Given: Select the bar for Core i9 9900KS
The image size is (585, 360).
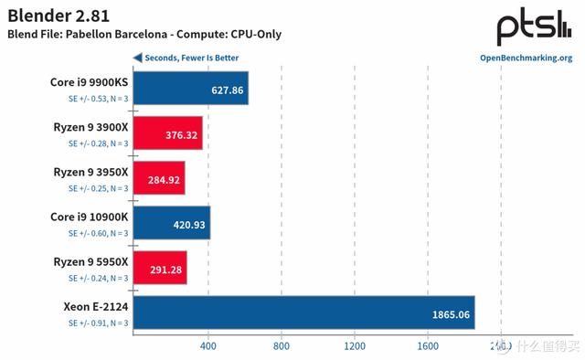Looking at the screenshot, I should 190,90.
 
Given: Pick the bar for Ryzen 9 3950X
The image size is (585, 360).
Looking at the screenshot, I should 159,179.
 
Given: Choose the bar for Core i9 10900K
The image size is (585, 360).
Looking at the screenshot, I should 172,224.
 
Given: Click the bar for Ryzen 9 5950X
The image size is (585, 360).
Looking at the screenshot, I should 160,269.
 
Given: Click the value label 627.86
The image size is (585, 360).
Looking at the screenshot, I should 227,90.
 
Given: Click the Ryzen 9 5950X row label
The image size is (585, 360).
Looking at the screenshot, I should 90,263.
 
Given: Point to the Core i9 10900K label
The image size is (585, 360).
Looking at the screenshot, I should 89,217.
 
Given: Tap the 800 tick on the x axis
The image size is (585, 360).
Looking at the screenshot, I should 281,347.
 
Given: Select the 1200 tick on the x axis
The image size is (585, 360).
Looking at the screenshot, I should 354,347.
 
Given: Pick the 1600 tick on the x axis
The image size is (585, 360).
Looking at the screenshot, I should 427,347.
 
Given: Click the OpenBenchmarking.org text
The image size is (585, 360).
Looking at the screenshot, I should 526,58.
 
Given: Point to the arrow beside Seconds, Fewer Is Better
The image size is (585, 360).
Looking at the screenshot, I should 137,58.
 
